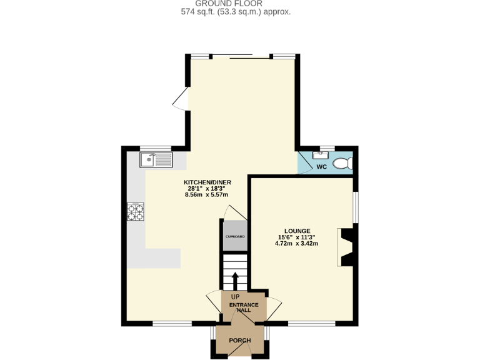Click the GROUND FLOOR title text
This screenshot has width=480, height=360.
pos(240,3)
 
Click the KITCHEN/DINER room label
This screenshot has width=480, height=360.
pos(204,182)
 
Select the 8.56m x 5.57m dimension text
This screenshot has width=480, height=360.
pos(204,194)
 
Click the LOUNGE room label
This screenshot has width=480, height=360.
pos(296,231)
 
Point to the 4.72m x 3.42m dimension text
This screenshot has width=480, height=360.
pos(296,243)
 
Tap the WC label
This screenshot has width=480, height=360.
pos(322,167)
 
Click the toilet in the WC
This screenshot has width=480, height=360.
pos(342,164)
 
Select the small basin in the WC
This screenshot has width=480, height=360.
pos(324,153)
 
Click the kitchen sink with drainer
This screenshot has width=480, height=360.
pos(156,160)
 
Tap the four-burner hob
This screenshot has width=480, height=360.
pos(136,212)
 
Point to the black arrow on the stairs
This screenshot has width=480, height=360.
pos(235,279)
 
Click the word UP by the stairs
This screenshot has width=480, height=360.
pos(235,296)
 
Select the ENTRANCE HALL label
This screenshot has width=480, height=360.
pos(244,307)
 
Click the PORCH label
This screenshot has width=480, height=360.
pos(240,341)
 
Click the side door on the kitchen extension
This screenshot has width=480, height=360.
pos(180,99)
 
